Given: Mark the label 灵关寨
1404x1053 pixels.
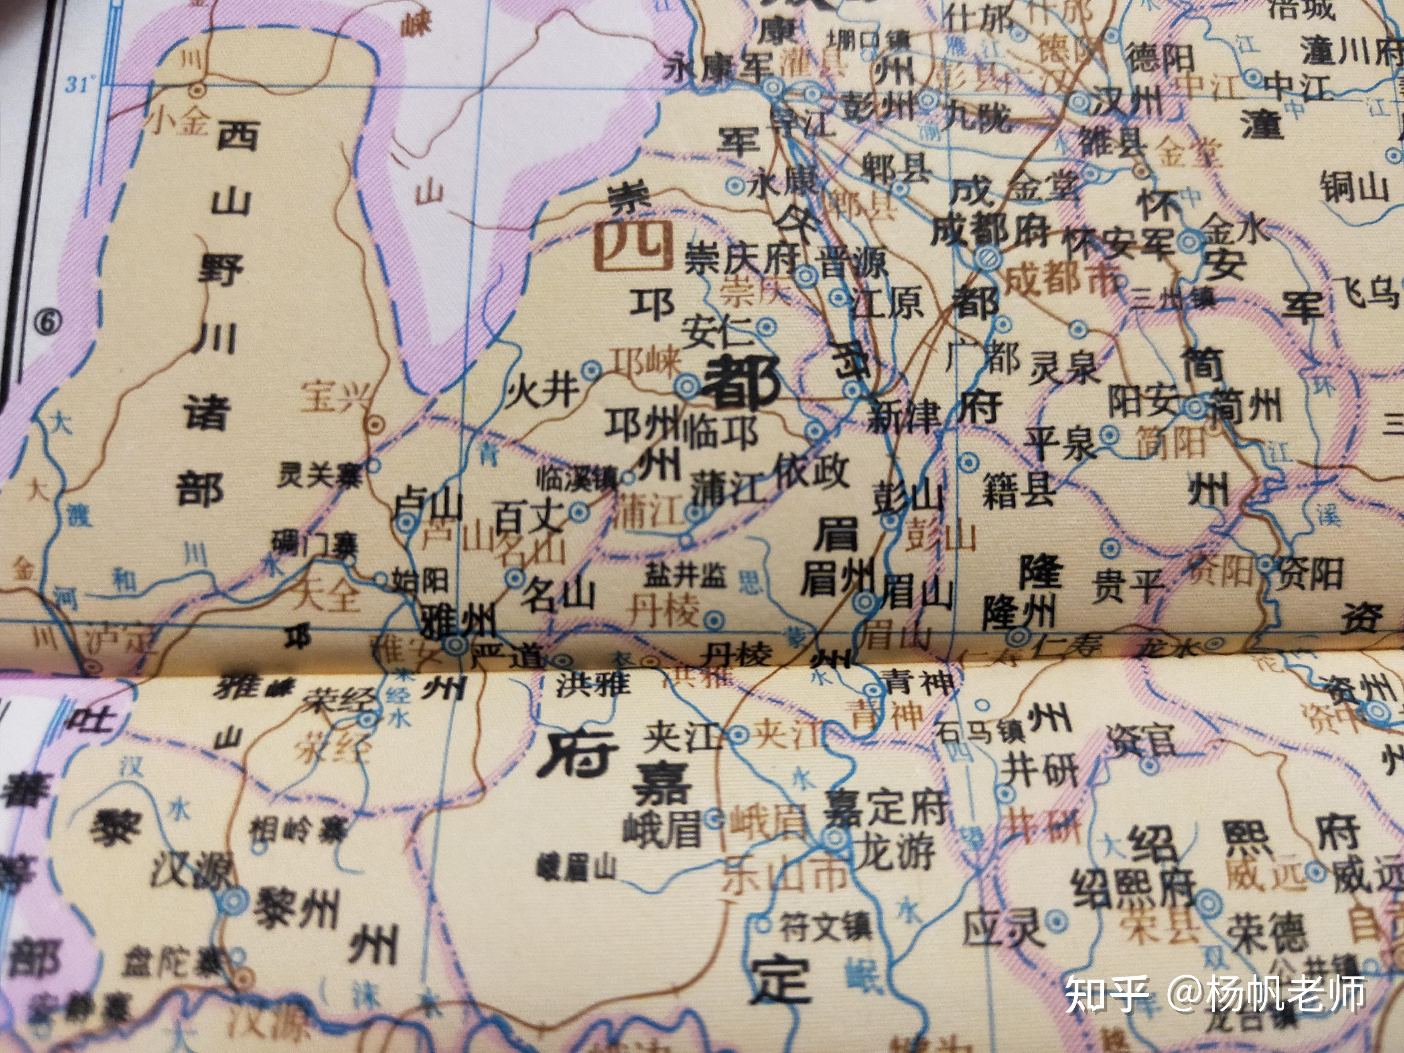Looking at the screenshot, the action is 319,475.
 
